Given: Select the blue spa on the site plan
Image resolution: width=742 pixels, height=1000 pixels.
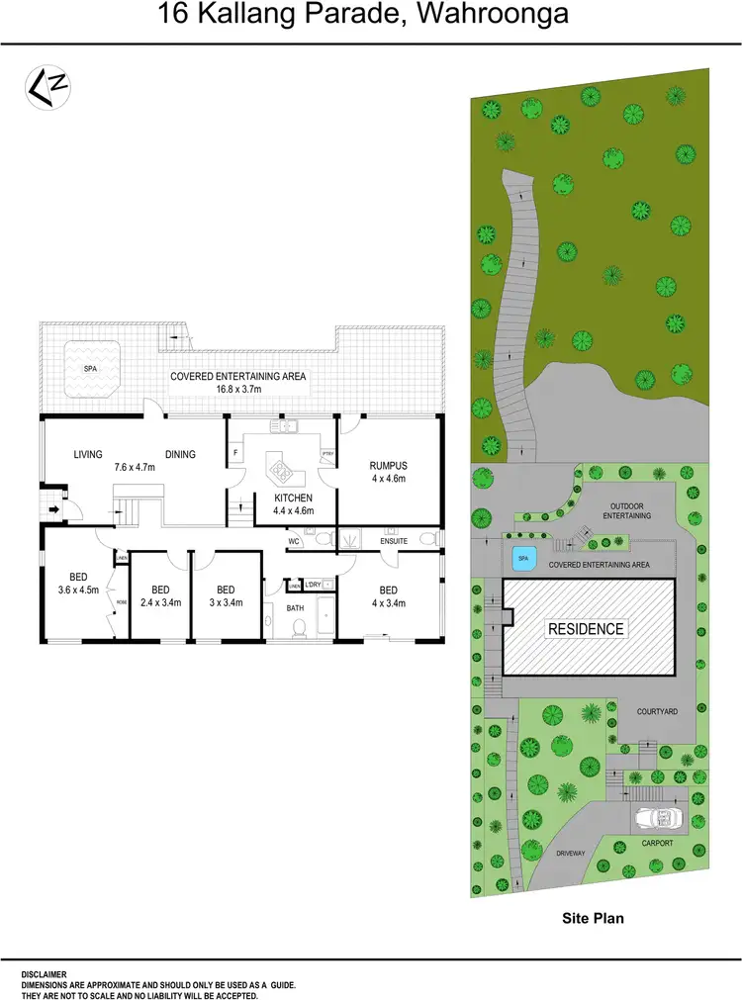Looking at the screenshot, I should click(x=522, y=560).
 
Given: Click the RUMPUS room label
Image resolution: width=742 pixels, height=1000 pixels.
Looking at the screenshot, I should click(x=388, y=465).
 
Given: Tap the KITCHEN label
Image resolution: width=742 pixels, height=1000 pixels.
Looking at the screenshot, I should click(x=293, y=498).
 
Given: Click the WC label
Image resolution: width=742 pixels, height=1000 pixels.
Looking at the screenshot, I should click(x=294, y=542).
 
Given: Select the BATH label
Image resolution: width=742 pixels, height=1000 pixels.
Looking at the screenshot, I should click(x=295, y=608).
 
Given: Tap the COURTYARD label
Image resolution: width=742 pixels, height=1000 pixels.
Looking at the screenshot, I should click(x=656, y=711).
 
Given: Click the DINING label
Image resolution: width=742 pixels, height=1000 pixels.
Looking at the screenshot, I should click(x=180, y=455).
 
